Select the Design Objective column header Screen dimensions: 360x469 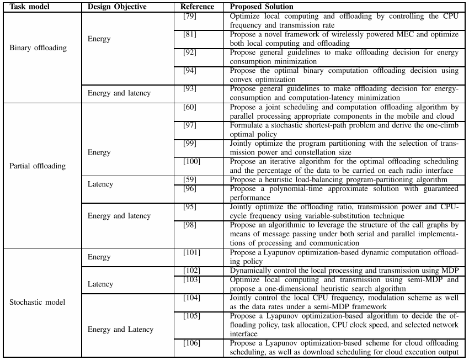tap(114, 7)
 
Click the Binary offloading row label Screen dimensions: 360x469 tap(38, 47)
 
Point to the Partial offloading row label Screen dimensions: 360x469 tap(38, 166)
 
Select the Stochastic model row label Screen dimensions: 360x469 tap(38, 303)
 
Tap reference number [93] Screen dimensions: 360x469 tap(189, 88)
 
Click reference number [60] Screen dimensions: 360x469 tap(189, 106)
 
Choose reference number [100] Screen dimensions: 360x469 tap(191, 161)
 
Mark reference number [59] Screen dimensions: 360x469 tap(189, 179)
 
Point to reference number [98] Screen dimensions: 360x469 tap(189, 224)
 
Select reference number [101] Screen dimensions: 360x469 tap(191, 252)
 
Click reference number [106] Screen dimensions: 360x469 tap(191, 343)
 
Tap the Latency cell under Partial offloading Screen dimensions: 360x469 tap(100, 184)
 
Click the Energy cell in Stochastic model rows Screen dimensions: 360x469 tap(99, 257)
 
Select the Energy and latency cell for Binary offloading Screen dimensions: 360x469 tap(119, 93)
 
